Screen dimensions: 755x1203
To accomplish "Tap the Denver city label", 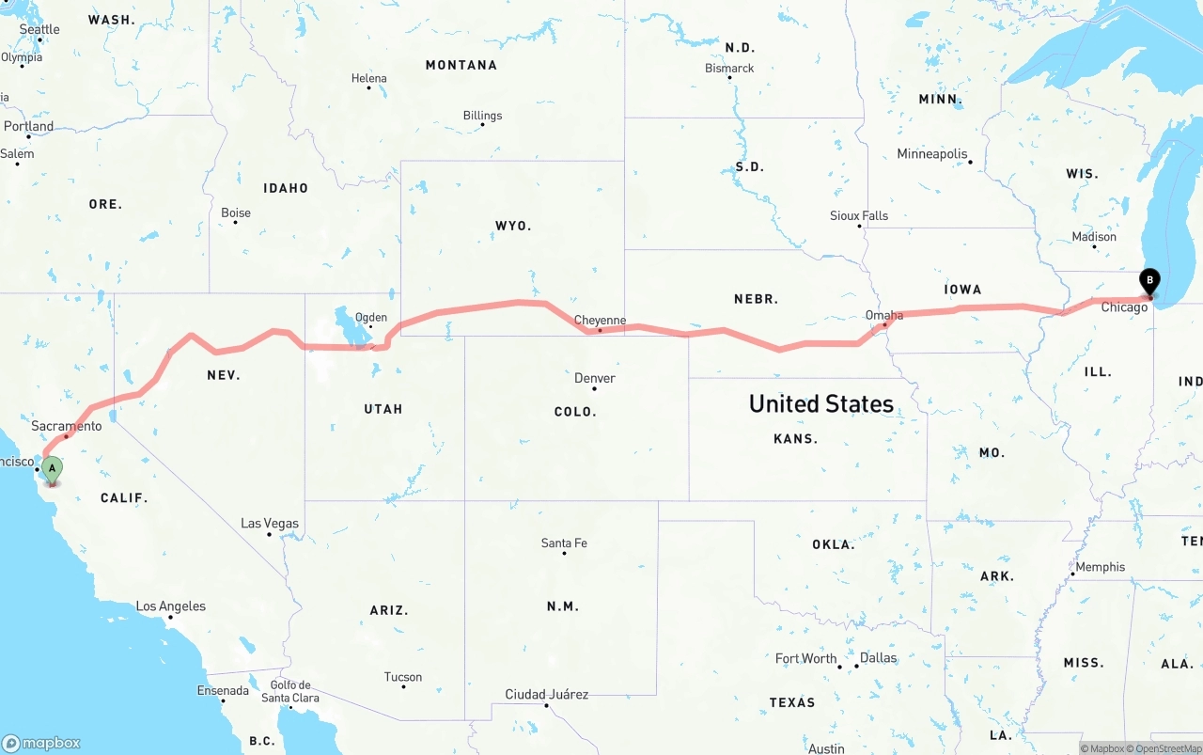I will [x=595, y=378].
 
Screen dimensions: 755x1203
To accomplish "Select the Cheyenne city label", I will [x=600, y=321].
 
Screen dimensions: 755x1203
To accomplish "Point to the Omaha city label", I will [x=884, y=315].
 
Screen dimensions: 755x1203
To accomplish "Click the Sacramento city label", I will [x=66, y=426].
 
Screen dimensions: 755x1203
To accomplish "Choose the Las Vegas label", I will [x=270, y=524].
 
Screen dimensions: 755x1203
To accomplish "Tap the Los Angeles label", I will [x=171, y=606].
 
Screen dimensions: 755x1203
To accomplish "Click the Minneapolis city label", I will [x=931, y=153].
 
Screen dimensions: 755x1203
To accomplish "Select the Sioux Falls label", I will [x=858, y=215].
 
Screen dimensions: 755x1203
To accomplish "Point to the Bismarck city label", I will [x=729, y=68].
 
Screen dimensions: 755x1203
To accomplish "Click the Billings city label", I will [x=482, y=116].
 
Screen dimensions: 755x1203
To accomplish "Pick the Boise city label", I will [x=236, y=212].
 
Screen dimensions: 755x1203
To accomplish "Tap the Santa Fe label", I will [x=564, y=543].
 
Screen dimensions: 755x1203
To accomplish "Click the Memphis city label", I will [x=1100, y=567].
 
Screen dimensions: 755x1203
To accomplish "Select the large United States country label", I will [x=820, y=403].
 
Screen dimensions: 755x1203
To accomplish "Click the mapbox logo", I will [x=41, y=743].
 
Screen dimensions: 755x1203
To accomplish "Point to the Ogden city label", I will [x=370, y=317].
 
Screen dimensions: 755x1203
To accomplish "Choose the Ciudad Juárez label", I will [x=546, y=694].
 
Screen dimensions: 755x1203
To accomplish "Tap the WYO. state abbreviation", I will [x=513, y=226].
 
